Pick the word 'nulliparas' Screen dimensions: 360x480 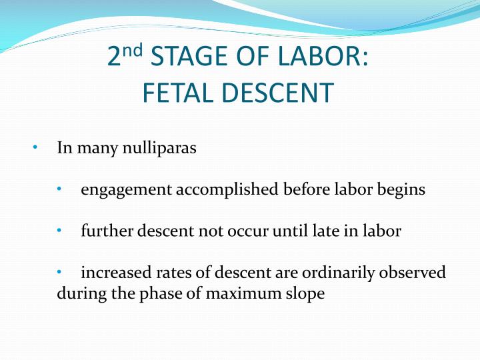[x=158, y=147]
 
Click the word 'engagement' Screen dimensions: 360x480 [x=126, y=190]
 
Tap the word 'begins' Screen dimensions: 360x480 [x=401, y=189]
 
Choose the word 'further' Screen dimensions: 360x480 [x=105, y=231]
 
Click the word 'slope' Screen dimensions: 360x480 [x=305, y=293]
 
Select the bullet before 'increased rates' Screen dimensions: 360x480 [x=59, y=273]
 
